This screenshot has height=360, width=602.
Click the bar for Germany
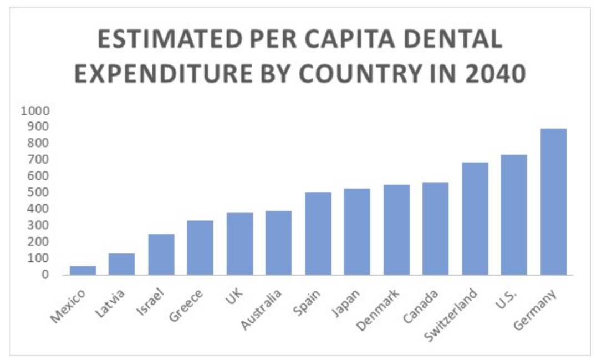coord(553,201)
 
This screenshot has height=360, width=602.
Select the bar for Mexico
coord(83,270)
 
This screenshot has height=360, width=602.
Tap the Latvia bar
coord(121,264)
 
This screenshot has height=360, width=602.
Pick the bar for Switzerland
coord(475,219)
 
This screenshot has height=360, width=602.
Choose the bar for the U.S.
coord(514,215)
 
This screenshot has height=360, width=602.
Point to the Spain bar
coord(318,234)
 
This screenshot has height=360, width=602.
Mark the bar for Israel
coord(161,254)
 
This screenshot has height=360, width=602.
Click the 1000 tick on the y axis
coord(35,110)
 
